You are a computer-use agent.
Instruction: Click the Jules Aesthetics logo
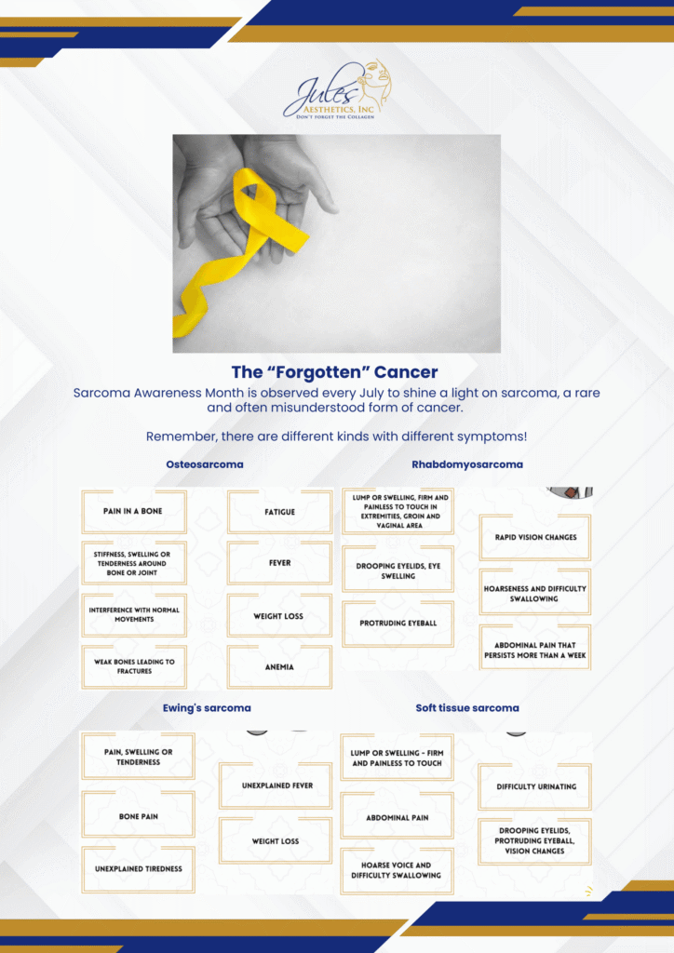[x=337, y=89]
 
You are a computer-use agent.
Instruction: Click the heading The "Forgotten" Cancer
[x=335, y=372]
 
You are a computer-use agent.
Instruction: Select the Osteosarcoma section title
[x=205, y=464]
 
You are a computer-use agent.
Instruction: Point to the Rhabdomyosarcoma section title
[x=467, y=464]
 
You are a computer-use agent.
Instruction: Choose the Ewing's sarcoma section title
[x=207, y=708]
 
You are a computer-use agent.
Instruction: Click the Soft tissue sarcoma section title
[x=467, y=708]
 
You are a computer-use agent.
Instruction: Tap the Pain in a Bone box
[x=134, y=511]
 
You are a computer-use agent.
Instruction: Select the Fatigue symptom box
[x=279, y=512]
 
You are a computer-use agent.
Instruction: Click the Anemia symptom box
[x=279, y=666]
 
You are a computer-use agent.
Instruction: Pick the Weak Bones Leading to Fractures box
[x=134, y=666]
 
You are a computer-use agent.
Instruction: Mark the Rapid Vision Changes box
[x=535, y=537]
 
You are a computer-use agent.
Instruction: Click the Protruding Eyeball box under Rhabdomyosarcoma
[x=398, y=624]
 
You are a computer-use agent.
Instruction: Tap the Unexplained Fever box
[x=276, y=785]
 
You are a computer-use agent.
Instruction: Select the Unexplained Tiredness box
[x=139, y=869]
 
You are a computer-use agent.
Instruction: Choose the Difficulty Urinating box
[x=535, y=786]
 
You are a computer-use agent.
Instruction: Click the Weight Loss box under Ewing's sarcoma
[x=276, y=841]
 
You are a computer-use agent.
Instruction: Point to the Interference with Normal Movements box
[x=134, y=615]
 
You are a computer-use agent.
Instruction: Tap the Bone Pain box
[x=139, y=815]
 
